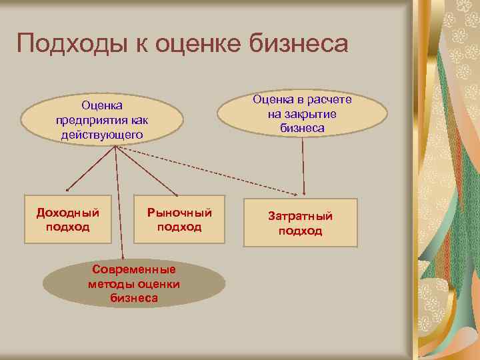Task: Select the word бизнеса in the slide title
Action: (x=303, y=44)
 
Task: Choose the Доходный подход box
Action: (x=67, y=219)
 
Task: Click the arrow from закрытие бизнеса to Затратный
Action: (x=304, y=167)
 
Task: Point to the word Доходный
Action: (x=67, y=213)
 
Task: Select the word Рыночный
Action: (x=179, y=213)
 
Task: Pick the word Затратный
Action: (x=300, y=217)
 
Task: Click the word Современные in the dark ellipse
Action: (x=134, y=270)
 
